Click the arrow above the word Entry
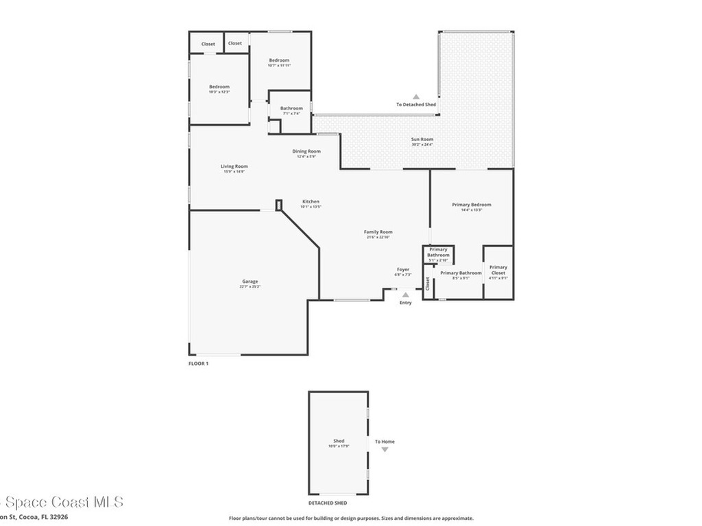pyautogui.click(x=405, y=295)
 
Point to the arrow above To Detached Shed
pyautogui.click(x=415, y=97)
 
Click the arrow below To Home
pyautogui.click(x=385, y=450)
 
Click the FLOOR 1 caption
pyautogui.click(x=198, y=363)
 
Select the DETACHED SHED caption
pyautogui.click(x=328, y=503)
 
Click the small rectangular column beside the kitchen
pyautogui.click(x=278, y=205)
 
